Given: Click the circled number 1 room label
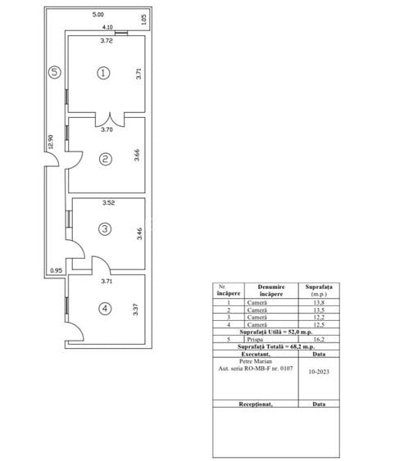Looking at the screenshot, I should pos(103,73).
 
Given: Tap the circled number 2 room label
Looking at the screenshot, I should pos(104,160).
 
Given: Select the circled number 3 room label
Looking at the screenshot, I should pos(104,230).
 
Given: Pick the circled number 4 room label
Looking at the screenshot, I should pos(104,309).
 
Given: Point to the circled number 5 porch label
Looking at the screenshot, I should pos(54,71).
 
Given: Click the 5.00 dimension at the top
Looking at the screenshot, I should pos(98,15).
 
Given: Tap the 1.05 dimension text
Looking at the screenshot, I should pos(143,20).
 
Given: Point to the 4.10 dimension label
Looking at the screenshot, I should pos(107,27).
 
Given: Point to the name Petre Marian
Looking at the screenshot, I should pos(257,360).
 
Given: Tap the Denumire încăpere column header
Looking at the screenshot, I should pos(258,290).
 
